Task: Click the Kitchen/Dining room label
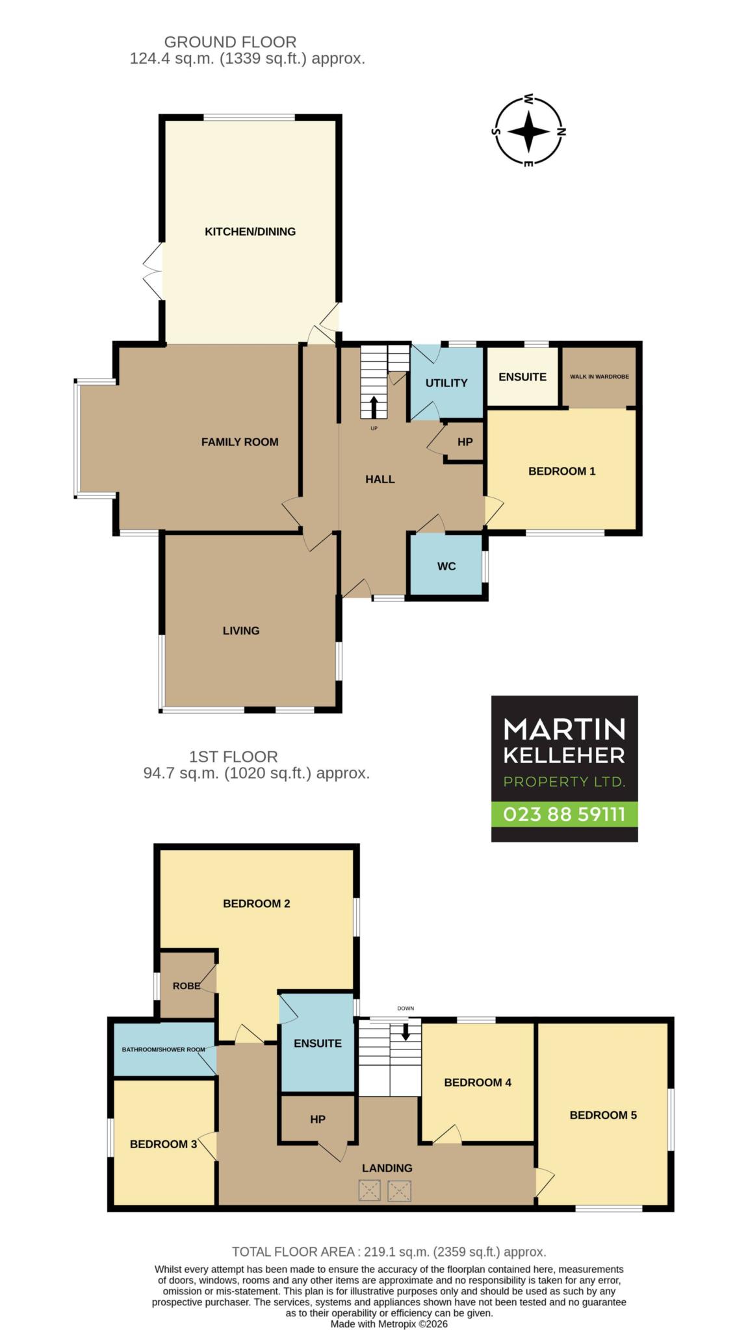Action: click(x=250, y=232)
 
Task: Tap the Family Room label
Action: click(x=240, y=442)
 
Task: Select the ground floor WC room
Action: click(x=446, y=564)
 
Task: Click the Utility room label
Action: click(x=446, y=383)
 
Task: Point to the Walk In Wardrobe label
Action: click(x=599, y=377)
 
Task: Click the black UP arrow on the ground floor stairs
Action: click(x=374, y=407)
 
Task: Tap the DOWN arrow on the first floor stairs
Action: click(x=406, y=1031)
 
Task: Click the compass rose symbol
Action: click(x=528, y=131)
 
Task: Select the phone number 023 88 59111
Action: click(x=564, y=814)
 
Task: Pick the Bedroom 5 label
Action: click(x=603, y=1115)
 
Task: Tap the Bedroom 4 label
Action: click(x=478, y=1082)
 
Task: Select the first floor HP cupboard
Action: click(x=317, y=1119)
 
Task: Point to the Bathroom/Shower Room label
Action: click(x=163, y=1049)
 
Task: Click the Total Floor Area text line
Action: click(x=389, y=1251)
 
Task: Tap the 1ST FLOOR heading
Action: click(x=233, y=757)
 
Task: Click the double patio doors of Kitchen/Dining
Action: click(x=153, y=271)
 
